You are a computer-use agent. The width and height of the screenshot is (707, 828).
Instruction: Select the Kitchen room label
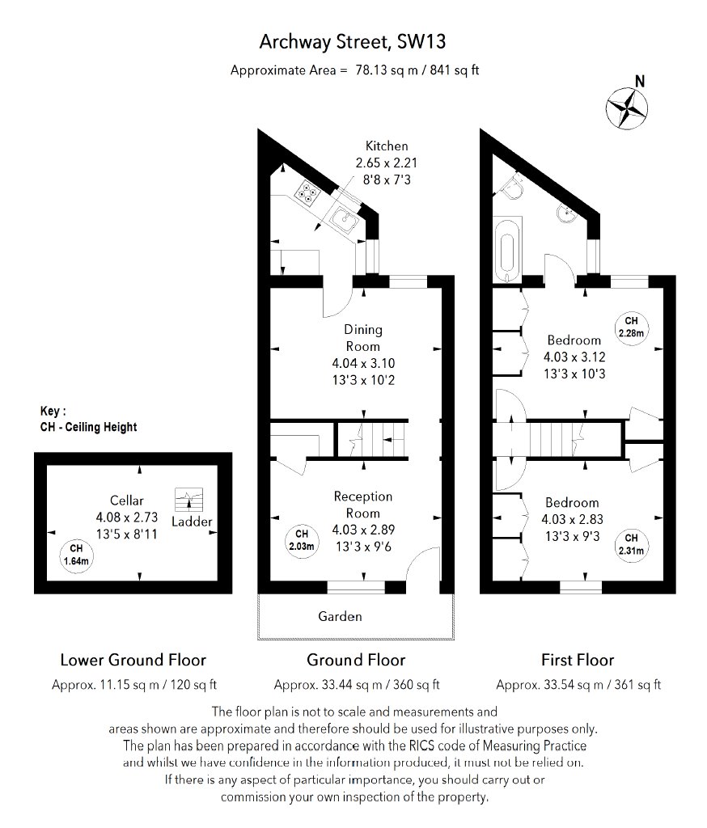click(x=387, y=146)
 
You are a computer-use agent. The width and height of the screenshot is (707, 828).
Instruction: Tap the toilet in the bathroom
click(x=510, y=188)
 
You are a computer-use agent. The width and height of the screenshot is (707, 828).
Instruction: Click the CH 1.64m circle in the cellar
click(x=77, y=554)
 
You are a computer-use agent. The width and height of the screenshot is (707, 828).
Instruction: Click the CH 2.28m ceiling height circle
click(x=631, y=326)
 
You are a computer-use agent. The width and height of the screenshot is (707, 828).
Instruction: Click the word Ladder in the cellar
click(x=192, y=522)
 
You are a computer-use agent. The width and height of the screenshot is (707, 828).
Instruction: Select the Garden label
click(x=340, y=616)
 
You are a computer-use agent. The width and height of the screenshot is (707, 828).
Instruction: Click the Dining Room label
click(x=363, y=337)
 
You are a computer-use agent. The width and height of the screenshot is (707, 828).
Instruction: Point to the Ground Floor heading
click(x=356, y=660)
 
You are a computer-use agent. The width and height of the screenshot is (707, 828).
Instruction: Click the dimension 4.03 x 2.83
click(x=572, y=519)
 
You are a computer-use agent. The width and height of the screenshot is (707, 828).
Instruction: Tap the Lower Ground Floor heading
click(x=133, y=660)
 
